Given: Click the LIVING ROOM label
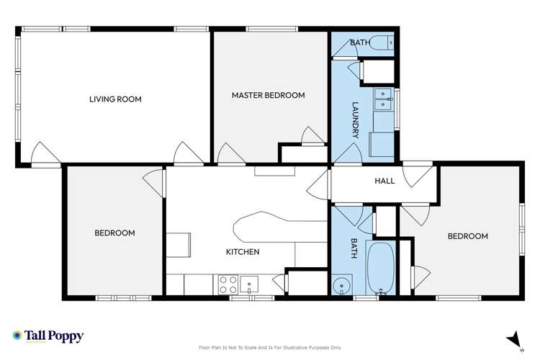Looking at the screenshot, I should point(115,99).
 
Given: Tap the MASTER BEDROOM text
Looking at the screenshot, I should point(268,95).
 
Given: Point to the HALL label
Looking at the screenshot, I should point(384,181).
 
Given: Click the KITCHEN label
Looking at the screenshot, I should point(243,251).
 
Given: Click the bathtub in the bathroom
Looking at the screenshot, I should point(380,266).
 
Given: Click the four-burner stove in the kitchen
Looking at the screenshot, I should point(228,282).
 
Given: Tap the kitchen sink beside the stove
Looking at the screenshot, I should point(249,282).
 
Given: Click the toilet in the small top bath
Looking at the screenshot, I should point(388,43).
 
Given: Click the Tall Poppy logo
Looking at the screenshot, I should point(48,336).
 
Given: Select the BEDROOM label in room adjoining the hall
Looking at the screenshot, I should point(467,236).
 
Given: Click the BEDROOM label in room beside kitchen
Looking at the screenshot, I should point(115,233).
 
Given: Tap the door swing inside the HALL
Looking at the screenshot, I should point(413,175).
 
